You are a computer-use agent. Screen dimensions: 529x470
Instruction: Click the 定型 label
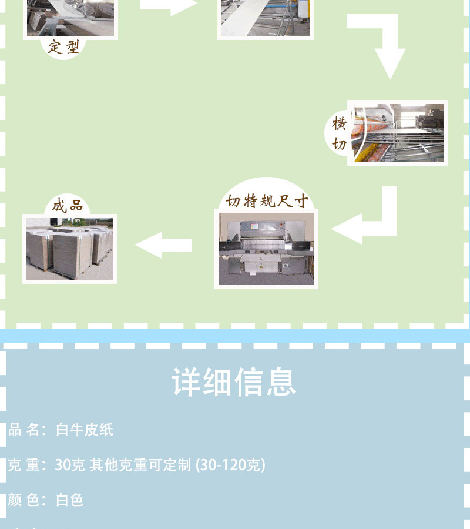[x=63, y=46]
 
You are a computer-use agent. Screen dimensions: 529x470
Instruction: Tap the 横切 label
[x=340, y=133]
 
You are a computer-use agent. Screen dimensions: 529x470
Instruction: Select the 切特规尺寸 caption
[x=267, y=202]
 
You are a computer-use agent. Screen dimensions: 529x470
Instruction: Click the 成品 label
[x=68, y=205]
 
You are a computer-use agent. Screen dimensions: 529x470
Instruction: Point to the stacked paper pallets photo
[x=69, y=247]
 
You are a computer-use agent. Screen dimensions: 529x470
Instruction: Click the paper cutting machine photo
[x=266, y=249]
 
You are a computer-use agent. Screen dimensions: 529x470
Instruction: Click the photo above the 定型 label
[x=70, y=18]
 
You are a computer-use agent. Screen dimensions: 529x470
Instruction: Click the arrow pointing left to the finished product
[x=164, y=245]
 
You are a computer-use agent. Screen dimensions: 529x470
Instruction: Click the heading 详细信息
[x=234, y=382]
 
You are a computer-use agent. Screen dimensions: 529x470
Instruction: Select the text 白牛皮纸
[x=85, y=430]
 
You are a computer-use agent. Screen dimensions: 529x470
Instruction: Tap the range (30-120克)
[x=231, y=466]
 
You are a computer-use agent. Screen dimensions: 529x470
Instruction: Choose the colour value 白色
[x=70, y=501]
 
